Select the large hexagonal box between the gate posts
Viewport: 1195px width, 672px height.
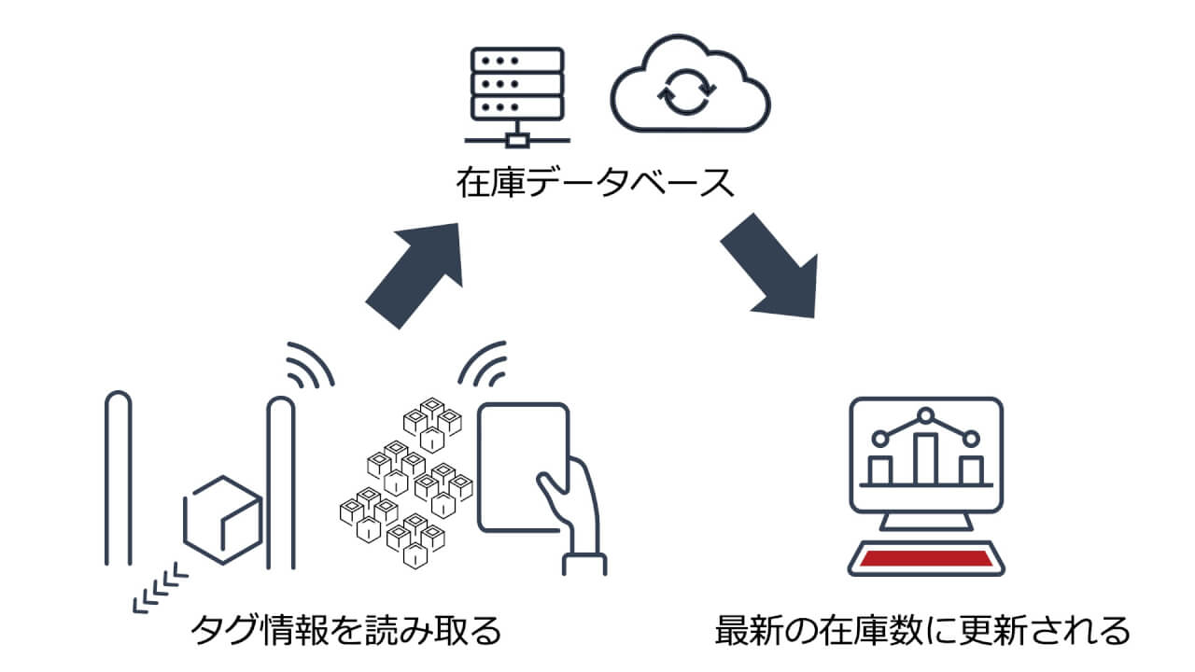pos(221,519)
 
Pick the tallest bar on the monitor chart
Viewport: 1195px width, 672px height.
pos(925,458)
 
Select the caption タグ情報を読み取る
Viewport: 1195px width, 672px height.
pos(345,631)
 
